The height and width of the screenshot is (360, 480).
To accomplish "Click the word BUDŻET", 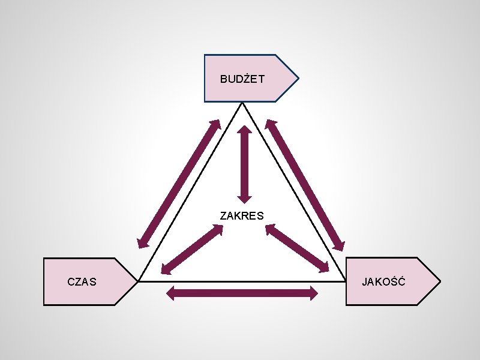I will pos(242,79).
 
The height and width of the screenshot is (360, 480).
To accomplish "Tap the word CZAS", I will pos(82,281).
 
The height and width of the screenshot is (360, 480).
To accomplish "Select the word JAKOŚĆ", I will pos(383,281).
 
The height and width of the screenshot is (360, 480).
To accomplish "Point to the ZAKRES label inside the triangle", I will pos(242,215).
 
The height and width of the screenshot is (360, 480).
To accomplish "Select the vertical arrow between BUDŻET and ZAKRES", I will pos(244,163).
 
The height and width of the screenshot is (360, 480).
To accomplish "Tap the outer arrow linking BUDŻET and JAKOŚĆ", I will pos(305,185).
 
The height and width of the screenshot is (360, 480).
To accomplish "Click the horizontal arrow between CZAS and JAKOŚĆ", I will pos(242,293).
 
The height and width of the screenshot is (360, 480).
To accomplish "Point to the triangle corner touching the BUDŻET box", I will pos(242,103).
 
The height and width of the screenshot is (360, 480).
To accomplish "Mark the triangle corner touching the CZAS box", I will pos(139,281).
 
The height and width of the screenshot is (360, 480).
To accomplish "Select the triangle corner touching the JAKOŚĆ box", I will pos(346,281).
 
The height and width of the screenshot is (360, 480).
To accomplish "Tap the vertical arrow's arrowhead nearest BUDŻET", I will pos(244,130).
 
